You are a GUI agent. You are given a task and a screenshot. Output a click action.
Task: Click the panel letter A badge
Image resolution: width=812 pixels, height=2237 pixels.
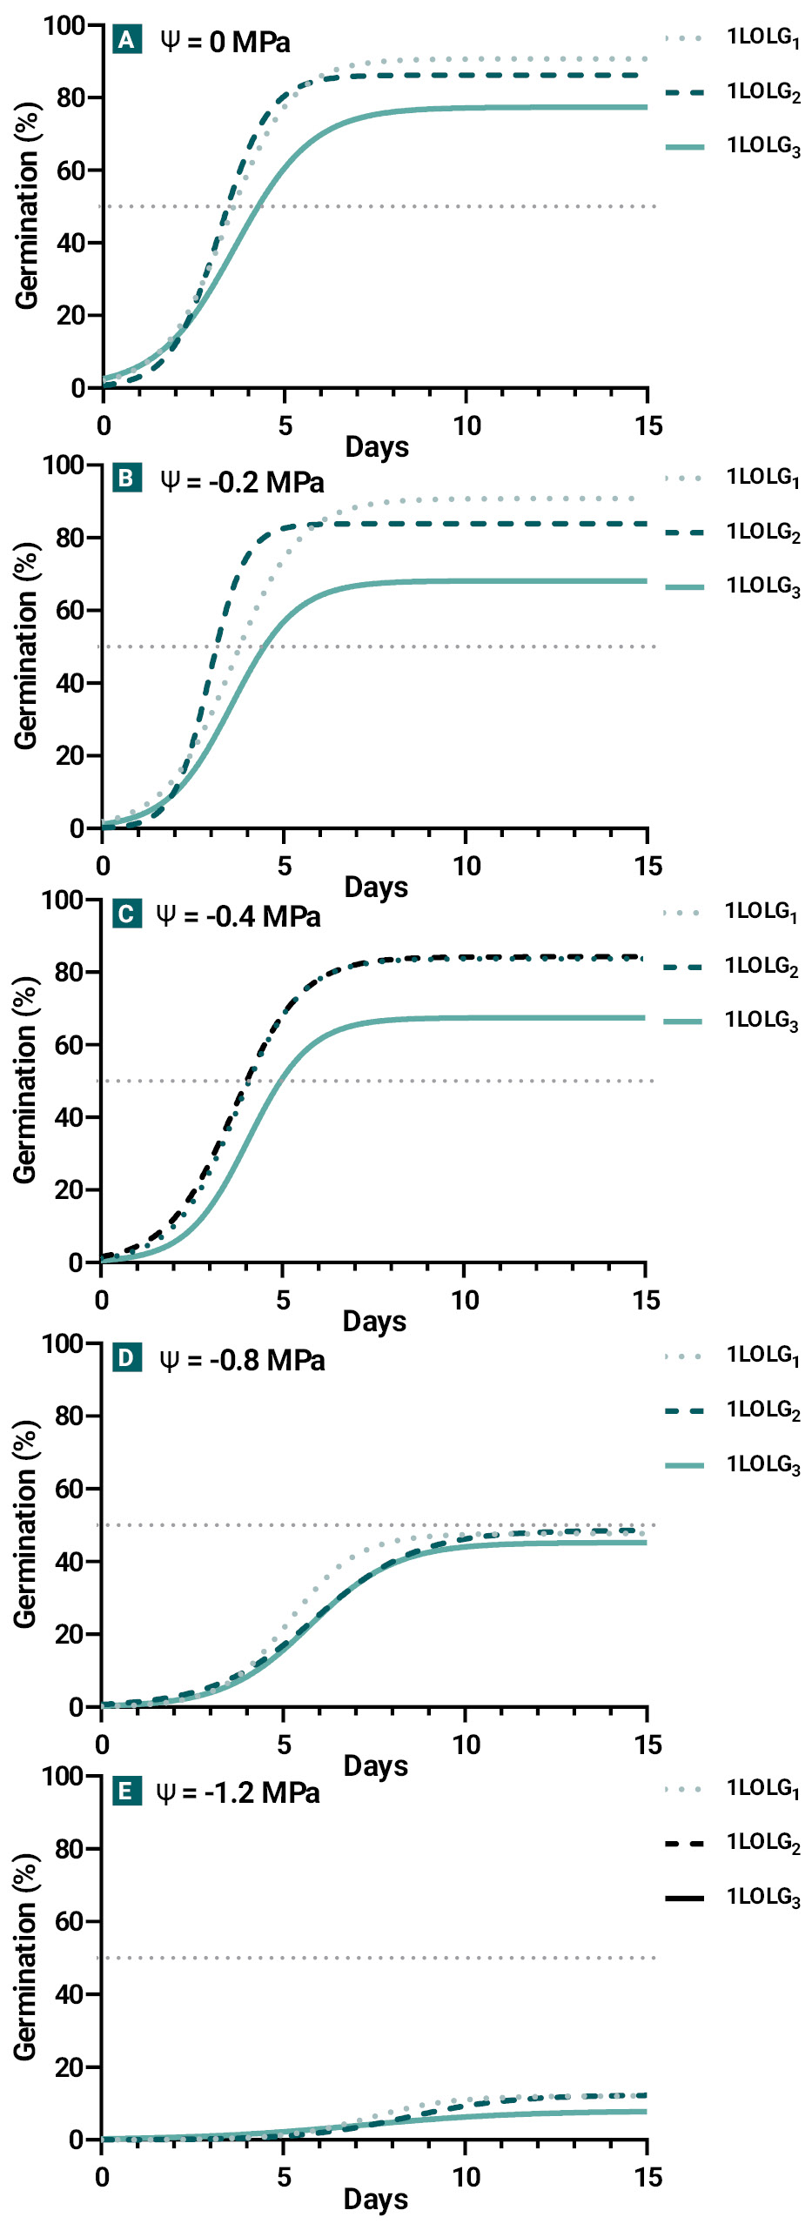point(127,40)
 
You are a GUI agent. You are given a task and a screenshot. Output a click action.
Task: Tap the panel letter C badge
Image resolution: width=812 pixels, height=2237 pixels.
point(127,914)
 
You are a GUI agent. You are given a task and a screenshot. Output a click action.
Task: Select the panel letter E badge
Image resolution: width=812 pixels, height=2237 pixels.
point(127,1791)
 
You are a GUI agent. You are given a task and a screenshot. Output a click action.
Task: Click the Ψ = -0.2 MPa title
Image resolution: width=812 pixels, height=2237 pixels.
point(242,481)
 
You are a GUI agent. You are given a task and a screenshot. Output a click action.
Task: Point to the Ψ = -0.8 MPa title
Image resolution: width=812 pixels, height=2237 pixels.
point(242,1360)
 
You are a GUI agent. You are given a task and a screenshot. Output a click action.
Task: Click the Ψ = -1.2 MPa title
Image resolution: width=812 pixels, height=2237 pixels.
point(238,1792)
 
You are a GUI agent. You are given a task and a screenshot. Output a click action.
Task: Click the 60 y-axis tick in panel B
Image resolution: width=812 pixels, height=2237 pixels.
point(70,610)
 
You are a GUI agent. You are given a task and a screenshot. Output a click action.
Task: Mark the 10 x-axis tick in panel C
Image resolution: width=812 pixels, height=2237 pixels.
point(464,1300)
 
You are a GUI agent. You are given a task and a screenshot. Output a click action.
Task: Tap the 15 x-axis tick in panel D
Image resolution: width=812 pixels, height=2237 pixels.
point(648,1744)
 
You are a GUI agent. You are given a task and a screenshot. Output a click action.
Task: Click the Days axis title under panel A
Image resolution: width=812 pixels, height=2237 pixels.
point(377,447)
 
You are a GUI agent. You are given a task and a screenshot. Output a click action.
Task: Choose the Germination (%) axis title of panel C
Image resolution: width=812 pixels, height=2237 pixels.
point(25,1080)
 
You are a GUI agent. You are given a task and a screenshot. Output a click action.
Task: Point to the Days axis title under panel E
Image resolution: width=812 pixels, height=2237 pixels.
point(376,2199)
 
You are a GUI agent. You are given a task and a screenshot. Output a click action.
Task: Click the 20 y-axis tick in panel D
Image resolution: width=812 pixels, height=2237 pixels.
point(70,1634)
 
